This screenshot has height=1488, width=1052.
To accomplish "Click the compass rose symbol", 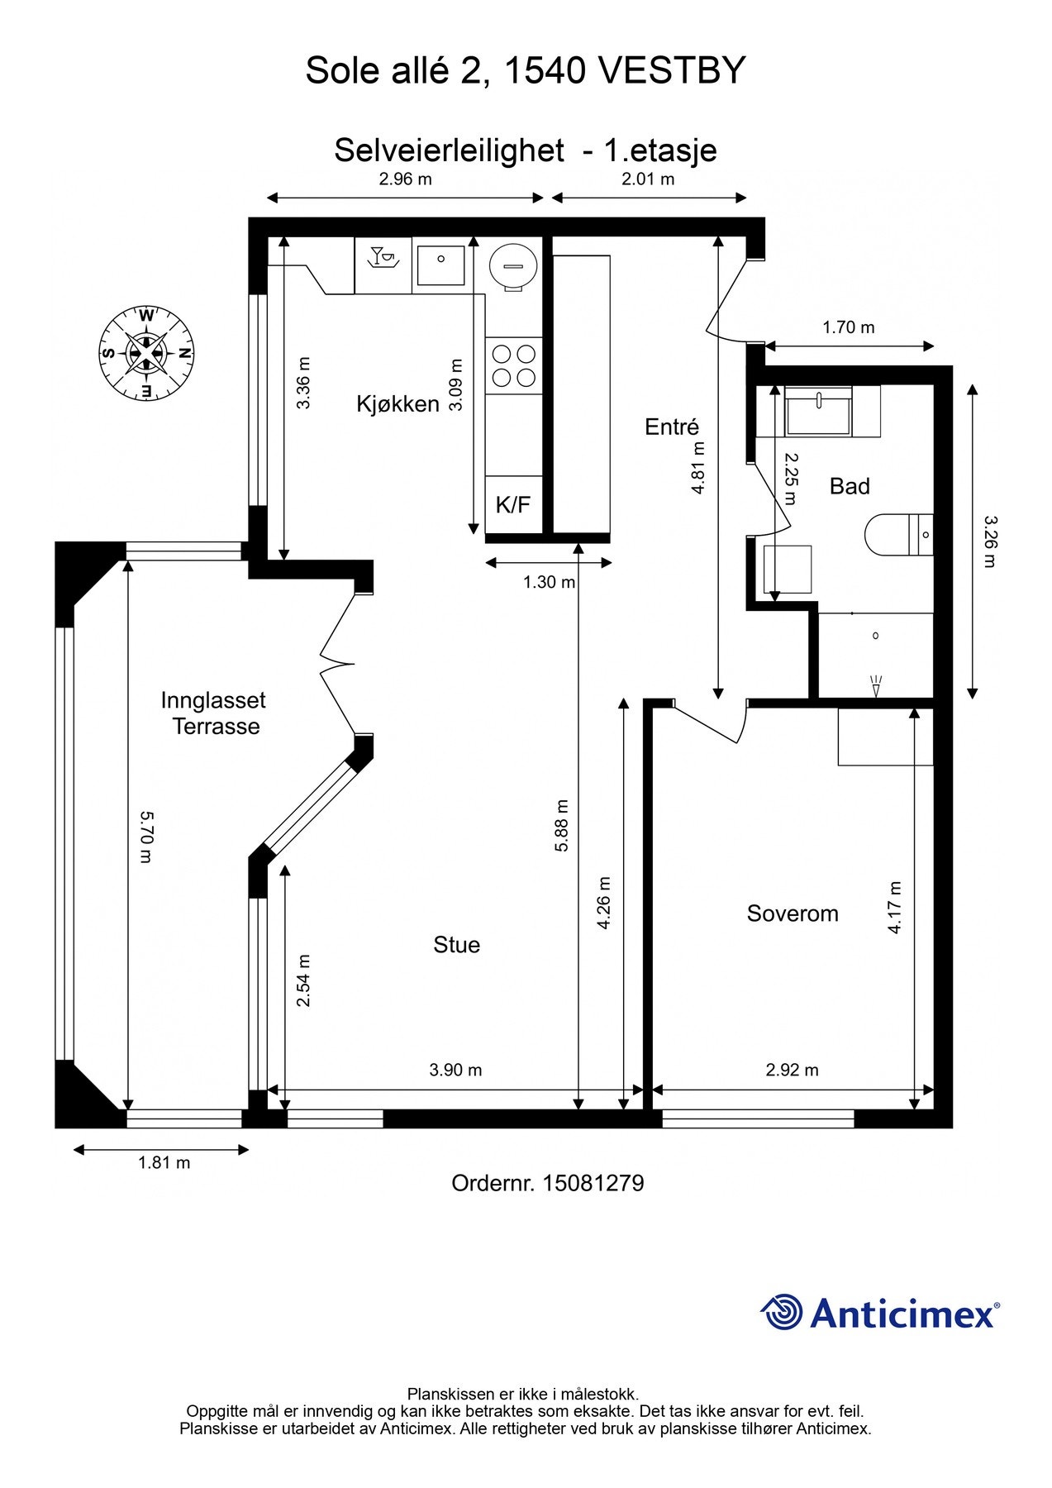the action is pos(146,353).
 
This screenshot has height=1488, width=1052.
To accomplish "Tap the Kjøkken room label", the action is pos(397,404).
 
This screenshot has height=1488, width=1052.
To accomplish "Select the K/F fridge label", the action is pos(513,505).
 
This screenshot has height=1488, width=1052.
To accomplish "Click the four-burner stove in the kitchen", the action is pos(514,366).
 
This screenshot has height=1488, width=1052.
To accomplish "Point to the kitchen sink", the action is pos(440,265).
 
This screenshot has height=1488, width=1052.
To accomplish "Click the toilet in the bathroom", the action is pos(899,535).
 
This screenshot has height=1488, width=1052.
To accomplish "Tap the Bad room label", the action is pos(850,486).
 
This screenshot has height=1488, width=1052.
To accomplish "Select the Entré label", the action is pos(672,427).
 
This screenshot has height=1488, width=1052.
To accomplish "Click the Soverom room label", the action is pos(793,913).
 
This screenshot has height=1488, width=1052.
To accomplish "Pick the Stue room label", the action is pos(456,945).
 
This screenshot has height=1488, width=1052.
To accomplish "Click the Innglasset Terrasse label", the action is pos(213,713).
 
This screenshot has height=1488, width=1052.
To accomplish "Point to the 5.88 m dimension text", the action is pos(562,825).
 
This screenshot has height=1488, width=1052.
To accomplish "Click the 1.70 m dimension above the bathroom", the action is pos(848,327).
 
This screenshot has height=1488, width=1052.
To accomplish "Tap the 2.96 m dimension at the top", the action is pos(405,179).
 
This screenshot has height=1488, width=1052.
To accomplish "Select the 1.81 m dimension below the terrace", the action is pos(164,1162).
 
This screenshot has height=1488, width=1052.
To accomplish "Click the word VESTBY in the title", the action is pos(671,71).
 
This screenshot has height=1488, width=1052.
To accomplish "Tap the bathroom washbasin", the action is pos(818,411).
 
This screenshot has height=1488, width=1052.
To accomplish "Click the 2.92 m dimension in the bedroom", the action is pos(792,1070).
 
